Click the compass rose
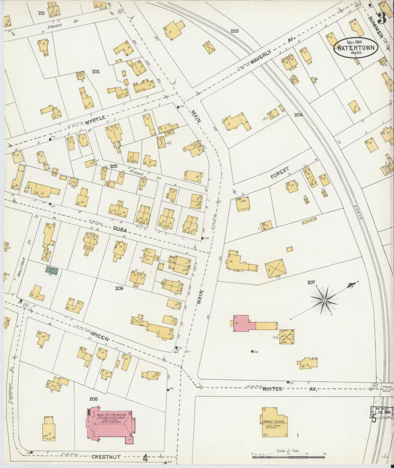point(324,300)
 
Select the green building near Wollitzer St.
point(52,271)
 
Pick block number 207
point(311,283)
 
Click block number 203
point(234,31)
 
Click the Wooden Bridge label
point(387,388)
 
